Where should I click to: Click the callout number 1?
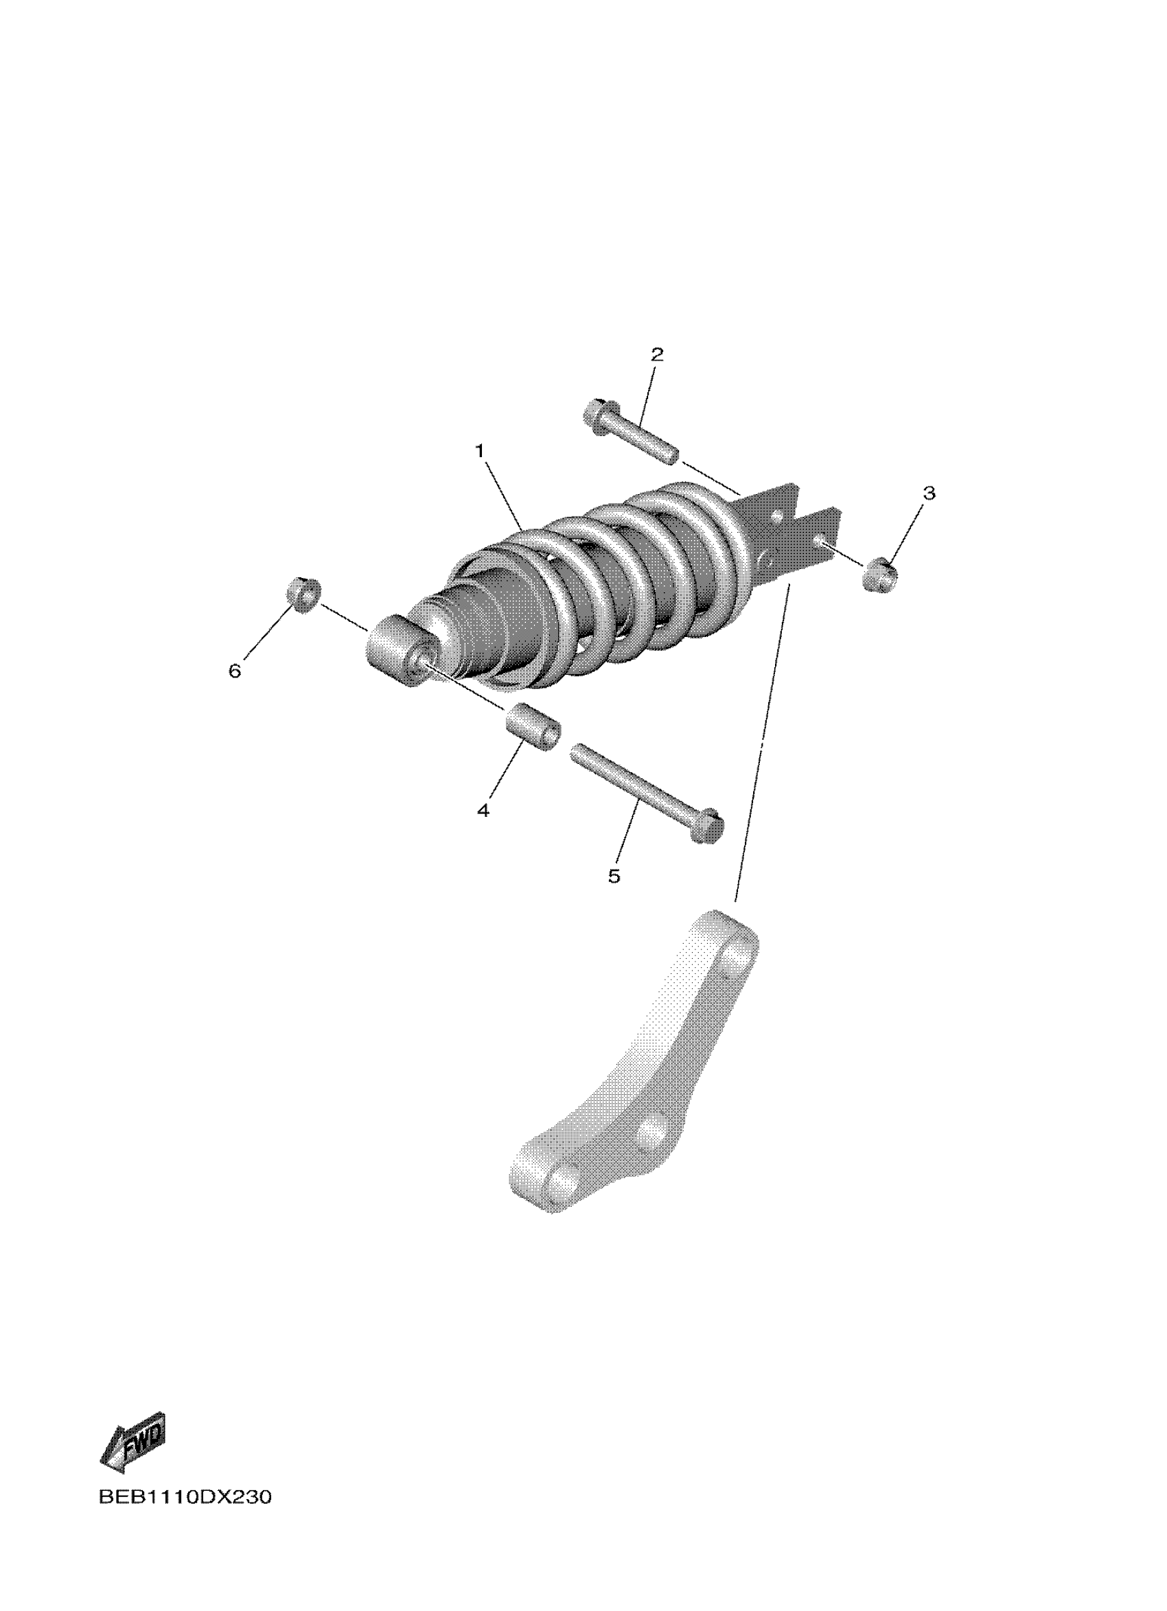[480, 450]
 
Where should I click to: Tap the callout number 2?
[657, 354]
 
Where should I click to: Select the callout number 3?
[929, 492]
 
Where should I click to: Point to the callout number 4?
[483, 810]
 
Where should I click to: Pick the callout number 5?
[614, 876]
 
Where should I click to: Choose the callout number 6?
[235, 670]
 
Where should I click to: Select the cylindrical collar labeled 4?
[533, 726]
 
